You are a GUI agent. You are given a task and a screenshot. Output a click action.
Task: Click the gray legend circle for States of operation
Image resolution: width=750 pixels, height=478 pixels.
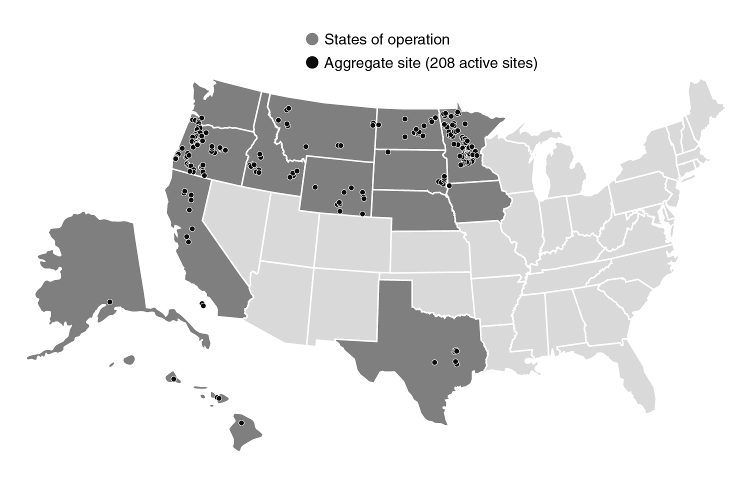click(x=312, y=39)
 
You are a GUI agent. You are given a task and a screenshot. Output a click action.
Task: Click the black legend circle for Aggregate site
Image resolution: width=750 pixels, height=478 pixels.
click(x=312, y=63)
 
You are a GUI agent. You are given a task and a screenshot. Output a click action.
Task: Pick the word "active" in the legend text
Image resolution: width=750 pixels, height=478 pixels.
click(x=477, y=63)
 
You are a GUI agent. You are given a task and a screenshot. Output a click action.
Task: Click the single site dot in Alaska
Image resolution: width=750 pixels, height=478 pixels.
click(x=110, y=301)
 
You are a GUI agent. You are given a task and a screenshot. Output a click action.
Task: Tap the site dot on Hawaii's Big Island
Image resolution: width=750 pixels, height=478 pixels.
click(x=241, y=423)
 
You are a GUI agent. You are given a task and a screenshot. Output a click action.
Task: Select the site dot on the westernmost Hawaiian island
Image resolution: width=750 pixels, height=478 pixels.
click(x=173, y=379)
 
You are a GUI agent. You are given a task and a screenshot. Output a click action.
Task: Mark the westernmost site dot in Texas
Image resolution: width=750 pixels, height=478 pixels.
click(x=434, y=362)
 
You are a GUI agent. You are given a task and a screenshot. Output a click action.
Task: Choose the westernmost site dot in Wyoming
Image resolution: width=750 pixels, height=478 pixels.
click(x=315, y=187)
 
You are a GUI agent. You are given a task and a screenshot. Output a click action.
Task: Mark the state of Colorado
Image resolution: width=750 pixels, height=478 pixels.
click(x=352, y=242)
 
